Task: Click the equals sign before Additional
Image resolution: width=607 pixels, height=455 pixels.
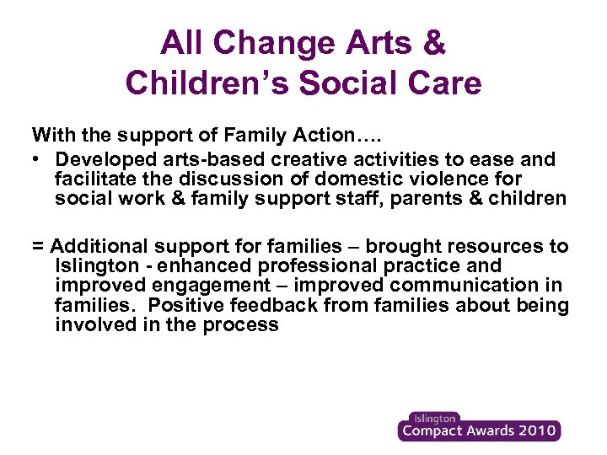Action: [x=38, y=247]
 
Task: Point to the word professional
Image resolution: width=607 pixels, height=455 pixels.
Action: [x=325, y=266]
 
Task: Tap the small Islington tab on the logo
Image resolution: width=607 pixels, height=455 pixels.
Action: [x=433, y=418]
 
